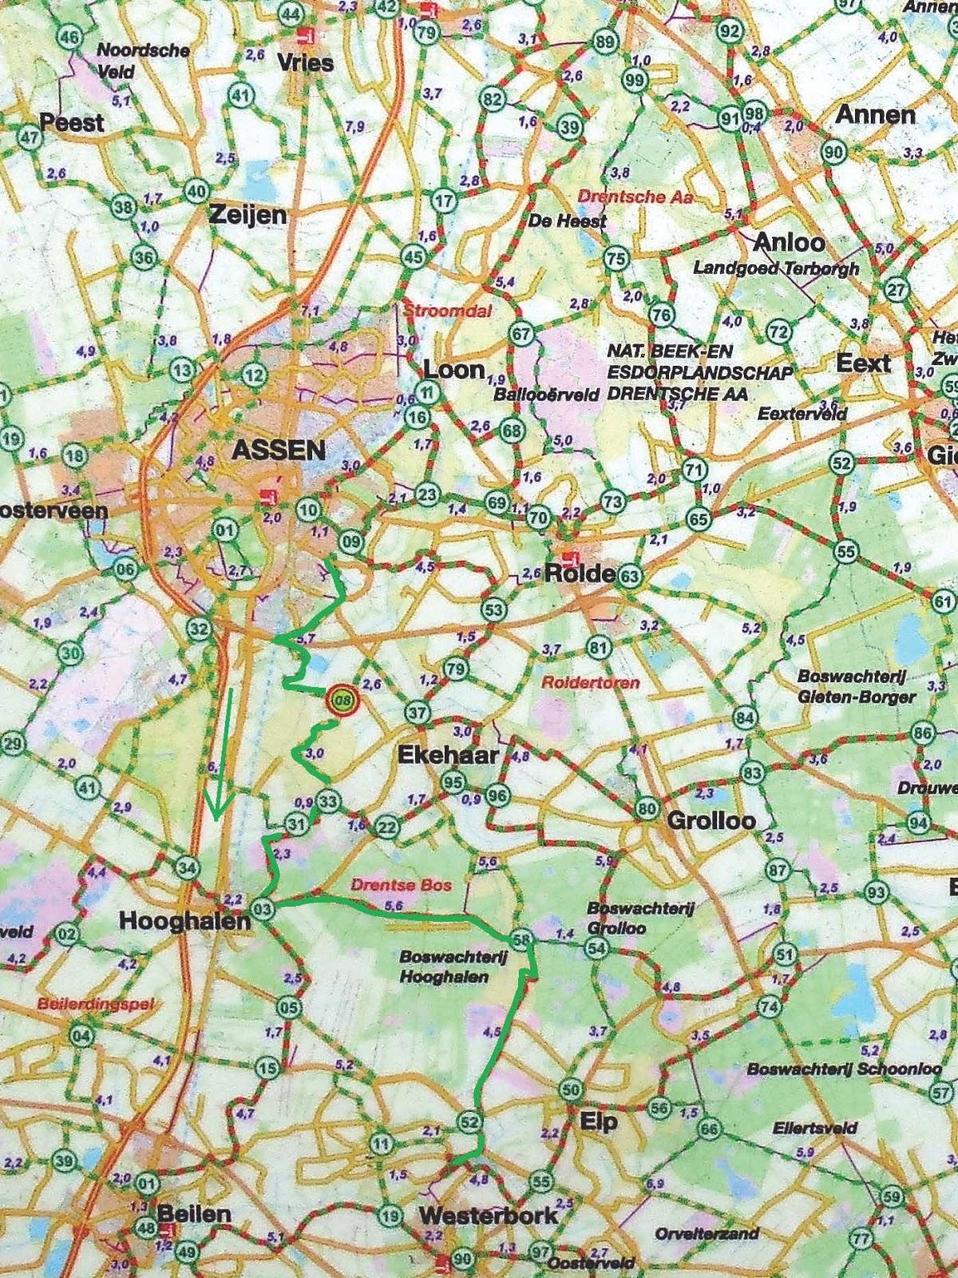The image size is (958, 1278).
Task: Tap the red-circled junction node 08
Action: (342, 701)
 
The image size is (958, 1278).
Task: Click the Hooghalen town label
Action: (184, 921)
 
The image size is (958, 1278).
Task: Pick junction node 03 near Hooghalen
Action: (263, 908)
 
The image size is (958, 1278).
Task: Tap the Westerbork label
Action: (488, 1216)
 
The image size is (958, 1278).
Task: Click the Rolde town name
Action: (580, 574)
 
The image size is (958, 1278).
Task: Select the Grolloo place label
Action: (711, 820)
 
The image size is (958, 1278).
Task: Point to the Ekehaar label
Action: (448, 755)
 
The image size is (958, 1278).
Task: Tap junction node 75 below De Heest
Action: (616, 259)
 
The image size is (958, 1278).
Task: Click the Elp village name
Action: (599, 1122)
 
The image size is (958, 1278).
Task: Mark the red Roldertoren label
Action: (590, 683)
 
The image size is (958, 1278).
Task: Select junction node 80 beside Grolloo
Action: (647, 809)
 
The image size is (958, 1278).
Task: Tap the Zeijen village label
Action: (247, 215)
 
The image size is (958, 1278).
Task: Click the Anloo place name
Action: (789, 242)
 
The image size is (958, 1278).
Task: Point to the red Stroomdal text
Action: (448, 312)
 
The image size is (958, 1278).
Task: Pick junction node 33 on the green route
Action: (328, 800)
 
